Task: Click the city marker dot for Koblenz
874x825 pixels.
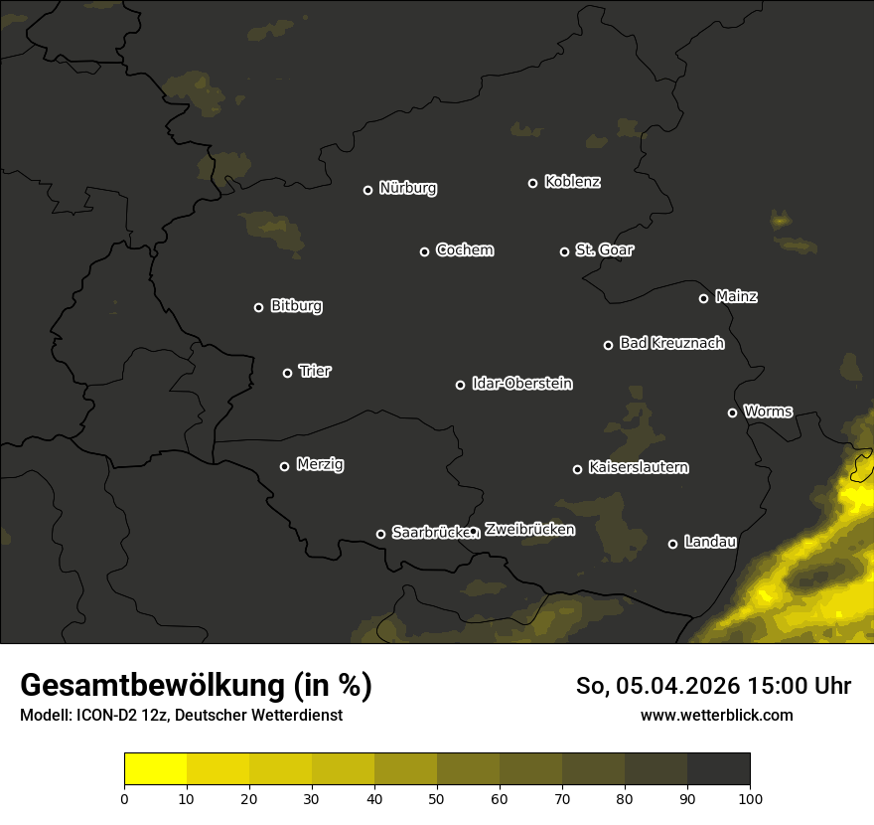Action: [532, 183]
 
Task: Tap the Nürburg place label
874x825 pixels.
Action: [407, 188]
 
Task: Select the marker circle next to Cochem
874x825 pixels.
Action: [424, 251]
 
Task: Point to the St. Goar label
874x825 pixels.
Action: [604, 249]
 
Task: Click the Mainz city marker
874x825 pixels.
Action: [703, 298]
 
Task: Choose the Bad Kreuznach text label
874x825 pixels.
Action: [671, 343]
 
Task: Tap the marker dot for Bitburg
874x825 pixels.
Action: [258, 307]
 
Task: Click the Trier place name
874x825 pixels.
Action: [315, 371]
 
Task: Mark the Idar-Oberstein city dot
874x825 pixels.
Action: [460, 385]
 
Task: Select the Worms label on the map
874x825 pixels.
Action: [768, 411]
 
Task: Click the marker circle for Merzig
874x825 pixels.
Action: [284, 466]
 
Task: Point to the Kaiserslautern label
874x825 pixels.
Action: [638, 467]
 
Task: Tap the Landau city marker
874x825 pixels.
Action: [672, 544]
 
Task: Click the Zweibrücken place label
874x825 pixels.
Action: [529, 530]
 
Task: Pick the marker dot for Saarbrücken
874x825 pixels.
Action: [380, 534]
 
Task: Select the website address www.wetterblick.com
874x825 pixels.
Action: [716, 715]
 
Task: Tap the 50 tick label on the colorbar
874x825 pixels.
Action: [437, 798]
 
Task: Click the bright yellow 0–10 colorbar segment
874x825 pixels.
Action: [155, 768]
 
